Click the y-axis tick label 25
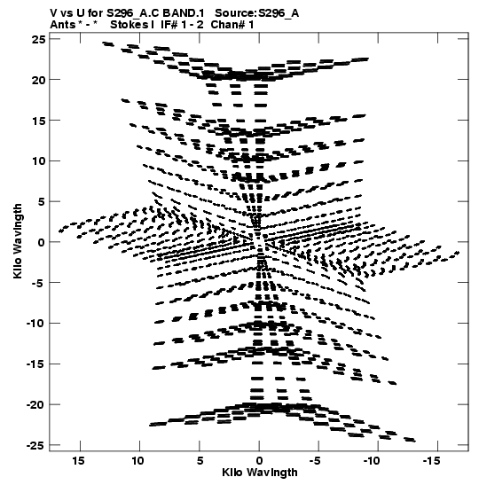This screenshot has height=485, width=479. [38, 40]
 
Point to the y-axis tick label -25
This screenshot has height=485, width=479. [35, 446]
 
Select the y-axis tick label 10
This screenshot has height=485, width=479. [38, 161]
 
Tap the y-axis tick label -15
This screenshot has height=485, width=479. [35, 364]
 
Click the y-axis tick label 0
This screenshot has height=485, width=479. [42, 243]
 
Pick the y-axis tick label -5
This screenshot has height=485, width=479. [38, 283]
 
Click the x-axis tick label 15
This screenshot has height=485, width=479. [79, 461]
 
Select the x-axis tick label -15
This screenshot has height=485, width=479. [431, 461]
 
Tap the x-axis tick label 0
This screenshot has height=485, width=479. [259, 461]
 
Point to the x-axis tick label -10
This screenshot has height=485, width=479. [372, 461]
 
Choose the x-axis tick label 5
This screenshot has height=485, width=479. [200, 461]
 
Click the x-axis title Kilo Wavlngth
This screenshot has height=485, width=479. [260, 473]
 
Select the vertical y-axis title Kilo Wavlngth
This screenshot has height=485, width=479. [18, 241]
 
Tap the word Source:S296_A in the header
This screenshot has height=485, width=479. [257, 13]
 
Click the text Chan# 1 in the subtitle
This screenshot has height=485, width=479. [232, 25]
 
